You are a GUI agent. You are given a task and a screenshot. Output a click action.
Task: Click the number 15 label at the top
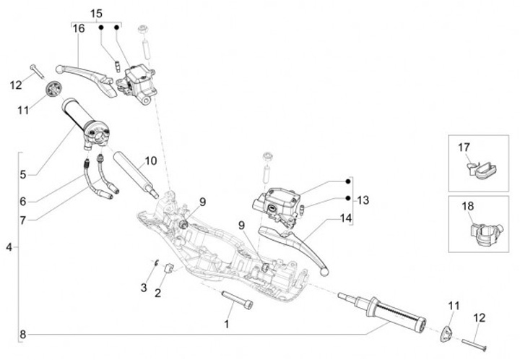[x=96, y=14]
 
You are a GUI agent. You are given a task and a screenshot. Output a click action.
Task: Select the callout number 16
[x=78, y=28]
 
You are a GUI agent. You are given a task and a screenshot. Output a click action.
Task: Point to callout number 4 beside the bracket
[x=9, y=247]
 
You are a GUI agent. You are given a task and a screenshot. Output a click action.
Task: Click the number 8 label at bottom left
[x=23, y=334]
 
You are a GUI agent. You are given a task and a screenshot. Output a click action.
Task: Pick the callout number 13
[x=363, y=200]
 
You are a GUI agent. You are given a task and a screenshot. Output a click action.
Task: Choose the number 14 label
[x=347, y=218]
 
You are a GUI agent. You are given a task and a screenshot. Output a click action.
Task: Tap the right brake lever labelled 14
[x=292, y=242]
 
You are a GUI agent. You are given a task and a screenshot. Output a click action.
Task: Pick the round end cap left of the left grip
[x=52, y=90]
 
